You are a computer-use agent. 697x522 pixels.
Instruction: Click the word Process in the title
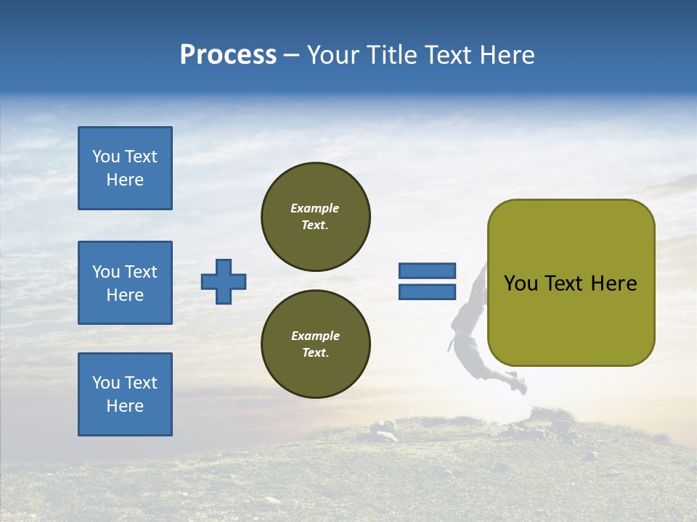click(x=228, y=55)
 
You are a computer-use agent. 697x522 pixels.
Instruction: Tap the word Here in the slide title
click(x=508, y=55)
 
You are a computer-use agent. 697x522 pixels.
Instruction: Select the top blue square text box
click(x=125, y=168)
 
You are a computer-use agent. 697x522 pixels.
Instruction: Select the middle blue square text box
click(x=125, y=283)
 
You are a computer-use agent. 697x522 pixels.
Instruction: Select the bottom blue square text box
click(x=125, y=394)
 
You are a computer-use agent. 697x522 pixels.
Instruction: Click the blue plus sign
click(x=224, y=281)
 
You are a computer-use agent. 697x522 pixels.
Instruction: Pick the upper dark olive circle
click(x=316, y=216)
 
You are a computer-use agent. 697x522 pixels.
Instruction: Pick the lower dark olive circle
click(x=316, y=344)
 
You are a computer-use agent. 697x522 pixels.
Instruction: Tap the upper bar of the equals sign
click(x=428, y=270)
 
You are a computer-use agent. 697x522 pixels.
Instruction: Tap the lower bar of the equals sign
click(x=428, y=291)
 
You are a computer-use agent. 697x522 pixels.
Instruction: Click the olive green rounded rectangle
click(x=571, y=319)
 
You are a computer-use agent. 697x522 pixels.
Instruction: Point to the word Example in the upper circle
click(x=315, y=208)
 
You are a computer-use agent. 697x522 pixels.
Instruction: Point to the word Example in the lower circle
click(x=315, y=336)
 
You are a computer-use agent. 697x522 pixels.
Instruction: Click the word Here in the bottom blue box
click(x=125, y=406)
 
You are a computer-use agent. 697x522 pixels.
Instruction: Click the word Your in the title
click(x=332, y=55)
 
